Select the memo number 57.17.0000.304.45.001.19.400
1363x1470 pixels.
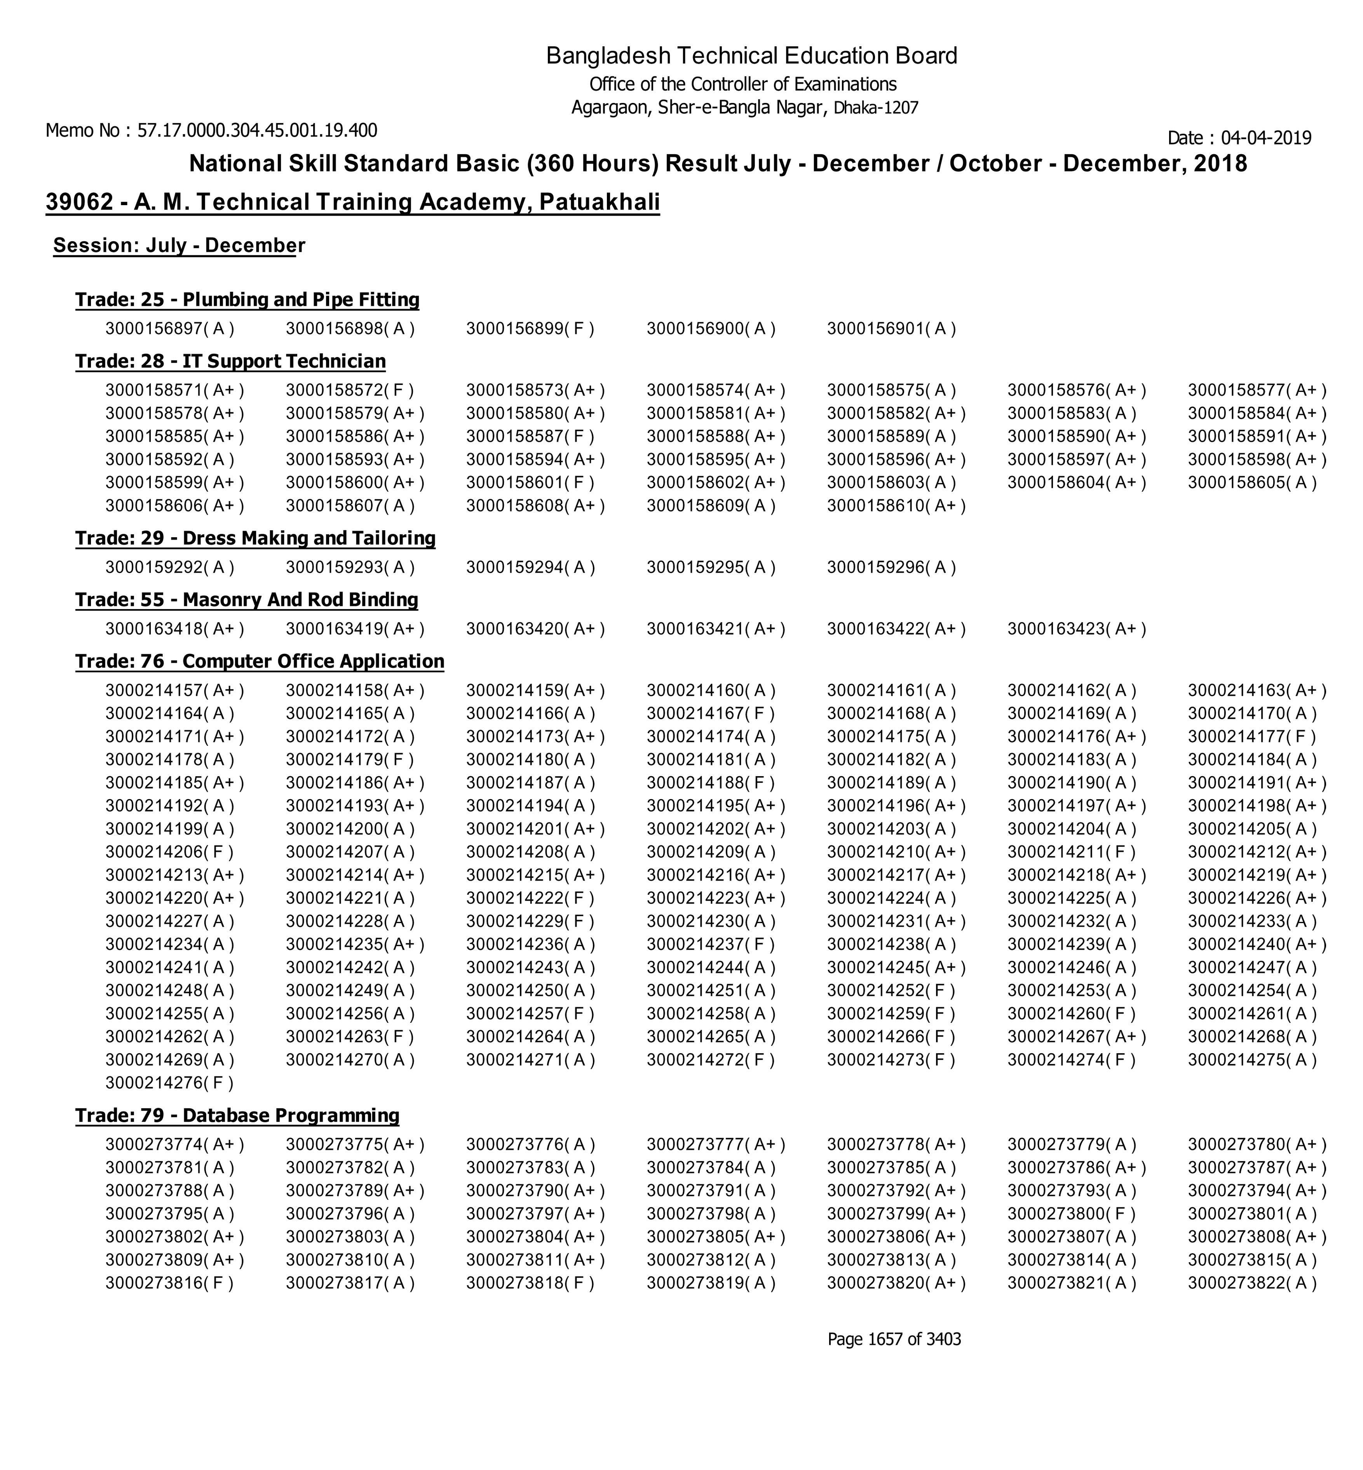(257, 131)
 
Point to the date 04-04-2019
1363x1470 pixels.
(1265, 138)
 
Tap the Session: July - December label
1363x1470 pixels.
(178, 246)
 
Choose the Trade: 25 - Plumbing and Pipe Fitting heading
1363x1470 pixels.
(247, 300)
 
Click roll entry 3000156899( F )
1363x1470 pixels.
(530, 329)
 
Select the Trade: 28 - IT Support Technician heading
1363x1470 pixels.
(230, 361)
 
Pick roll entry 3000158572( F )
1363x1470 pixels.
(350, 390)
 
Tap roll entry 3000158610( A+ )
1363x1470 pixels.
(896, 506)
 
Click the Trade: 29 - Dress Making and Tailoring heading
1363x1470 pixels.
(255, 538)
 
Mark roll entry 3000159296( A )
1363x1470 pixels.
(891, 567)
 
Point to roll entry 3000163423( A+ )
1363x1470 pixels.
(1076, 629)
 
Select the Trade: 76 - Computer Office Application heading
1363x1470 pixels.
(260, 662)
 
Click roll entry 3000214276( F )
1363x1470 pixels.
(169, 1083)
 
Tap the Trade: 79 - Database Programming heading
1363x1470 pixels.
(237, 1115)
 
